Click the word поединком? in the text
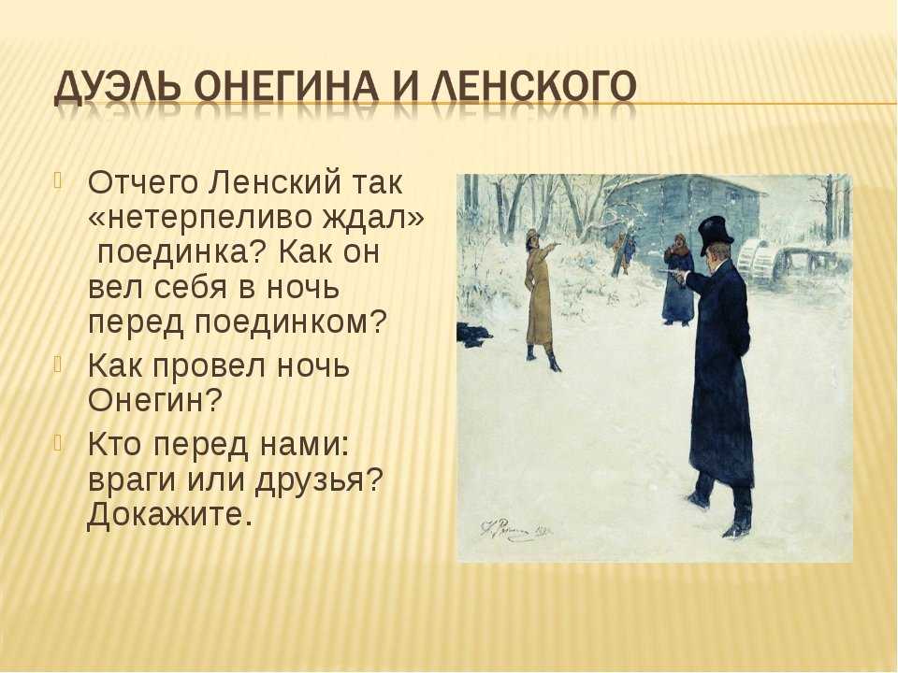(x=291, y=322)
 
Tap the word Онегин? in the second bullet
(x=154, y=401)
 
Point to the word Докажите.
(x=170, y=514)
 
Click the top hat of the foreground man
(x=716, y=235)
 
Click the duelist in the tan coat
(x=541, y=300)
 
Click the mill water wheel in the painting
(x=756, y=261)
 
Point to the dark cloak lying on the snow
(x=473, y=335)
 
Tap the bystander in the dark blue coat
(x=677, y=279)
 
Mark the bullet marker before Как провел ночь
(x=58, y=364)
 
